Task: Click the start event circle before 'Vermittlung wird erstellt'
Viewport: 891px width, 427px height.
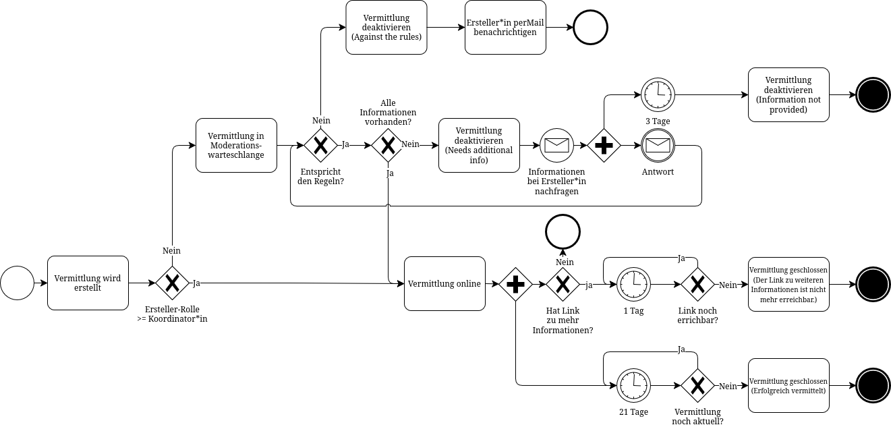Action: point(17,283)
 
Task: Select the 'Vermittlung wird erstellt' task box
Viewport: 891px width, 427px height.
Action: point(88,283)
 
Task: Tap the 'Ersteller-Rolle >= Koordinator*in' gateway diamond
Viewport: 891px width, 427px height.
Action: point(172,283)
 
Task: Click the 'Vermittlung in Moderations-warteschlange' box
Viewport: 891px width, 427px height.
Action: point(236,145)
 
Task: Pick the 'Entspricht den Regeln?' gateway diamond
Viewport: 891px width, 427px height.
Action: point(320,145)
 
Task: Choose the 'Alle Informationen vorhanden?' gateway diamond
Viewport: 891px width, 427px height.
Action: point(388,145)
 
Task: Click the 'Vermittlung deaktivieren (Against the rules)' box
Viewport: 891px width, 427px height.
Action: point(386,27)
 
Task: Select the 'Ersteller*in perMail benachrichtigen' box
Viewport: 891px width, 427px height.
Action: point(505,27)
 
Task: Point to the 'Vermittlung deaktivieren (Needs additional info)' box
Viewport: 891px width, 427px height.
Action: point(479,145)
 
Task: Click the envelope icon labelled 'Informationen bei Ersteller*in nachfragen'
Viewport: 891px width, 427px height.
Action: point(556,145)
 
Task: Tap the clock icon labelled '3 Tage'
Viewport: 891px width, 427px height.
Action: point(658,94)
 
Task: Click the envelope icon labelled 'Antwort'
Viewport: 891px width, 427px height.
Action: point(658,145)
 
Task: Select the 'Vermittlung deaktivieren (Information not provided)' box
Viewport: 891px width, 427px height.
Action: point(788,94)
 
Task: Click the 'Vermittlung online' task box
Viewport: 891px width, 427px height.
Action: point(444,283)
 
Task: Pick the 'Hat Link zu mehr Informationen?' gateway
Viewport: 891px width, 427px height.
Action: point(563,284)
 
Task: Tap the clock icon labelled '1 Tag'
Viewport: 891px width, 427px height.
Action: point(634,284)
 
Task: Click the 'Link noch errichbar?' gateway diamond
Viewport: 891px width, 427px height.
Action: point(697,284)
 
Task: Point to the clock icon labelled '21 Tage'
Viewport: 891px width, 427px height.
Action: point(634,386)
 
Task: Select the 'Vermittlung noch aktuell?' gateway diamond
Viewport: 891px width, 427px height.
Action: point(697,386)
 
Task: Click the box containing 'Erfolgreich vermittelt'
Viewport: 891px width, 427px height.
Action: point(788,386)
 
